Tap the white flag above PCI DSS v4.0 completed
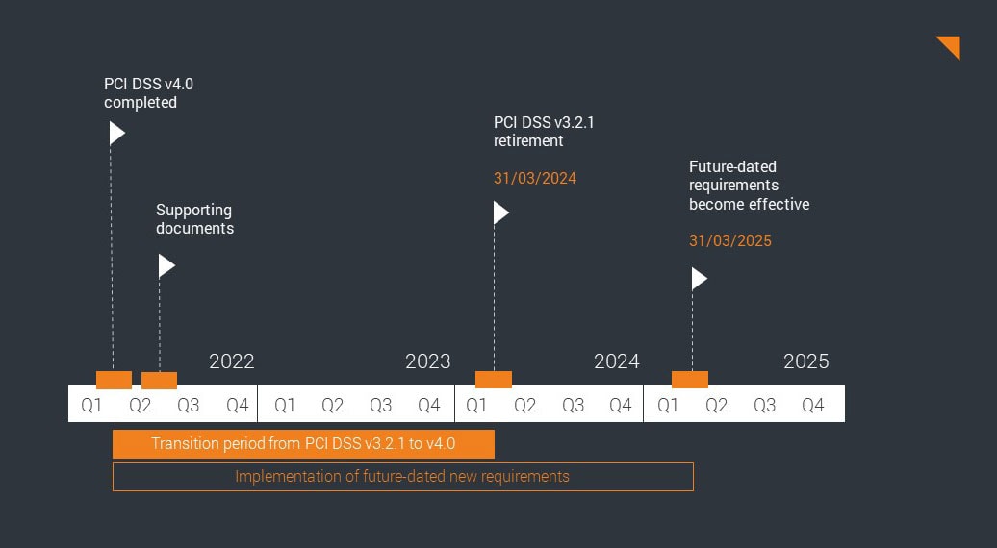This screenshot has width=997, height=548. coord(115,133)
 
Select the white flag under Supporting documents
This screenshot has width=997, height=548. coord(166,266)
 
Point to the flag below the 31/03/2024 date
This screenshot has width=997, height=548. coord(499,212)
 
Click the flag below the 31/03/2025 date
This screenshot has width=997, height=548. coord(698,279)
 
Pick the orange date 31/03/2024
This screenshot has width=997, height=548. coord(534,178)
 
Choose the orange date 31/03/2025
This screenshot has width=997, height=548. coord(729,240)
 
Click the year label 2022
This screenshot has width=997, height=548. coord(231,361)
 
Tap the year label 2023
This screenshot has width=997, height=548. coord(427,361)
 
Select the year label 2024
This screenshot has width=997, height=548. coord(616,361)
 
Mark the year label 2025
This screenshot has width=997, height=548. coord(805,361)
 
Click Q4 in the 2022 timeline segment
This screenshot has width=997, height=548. coord(237,405)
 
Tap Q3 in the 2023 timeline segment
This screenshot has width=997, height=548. coord(380,405)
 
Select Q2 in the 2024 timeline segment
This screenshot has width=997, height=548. coord(524,405)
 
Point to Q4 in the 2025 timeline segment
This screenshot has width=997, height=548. coord(813,405)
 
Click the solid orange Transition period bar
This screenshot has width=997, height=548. coord(303,444)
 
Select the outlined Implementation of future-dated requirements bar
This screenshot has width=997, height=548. coord(402,477)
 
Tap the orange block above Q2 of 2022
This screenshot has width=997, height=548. coord(159,380)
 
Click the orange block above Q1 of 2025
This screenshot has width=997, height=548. coord(690,380)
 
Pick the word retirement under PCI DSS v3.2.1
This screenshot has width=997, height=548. coord(528,141)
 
